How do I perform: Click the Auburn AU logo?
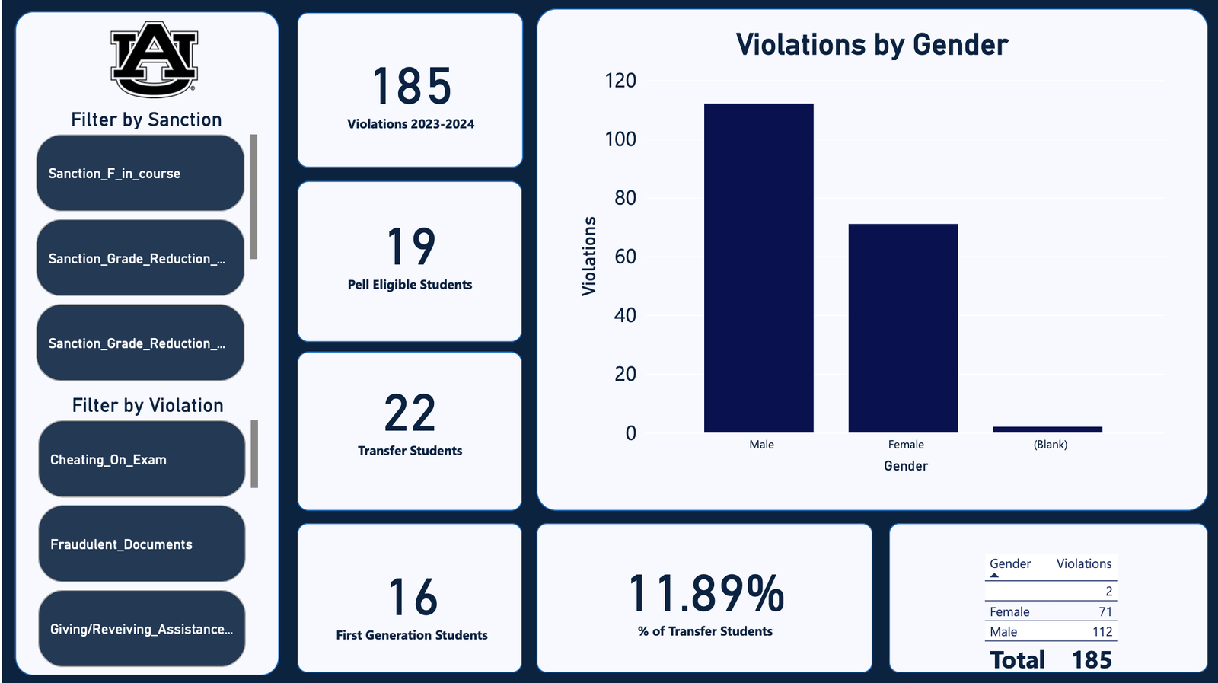[155, 59]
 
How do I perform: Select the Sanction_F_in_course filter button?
[140, 174]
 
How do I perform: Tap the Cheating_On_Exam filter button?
[142, 459]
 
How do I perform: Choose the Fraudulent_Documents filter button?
[142, 544]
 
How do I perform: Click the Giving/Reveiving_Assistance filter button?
[142, 629]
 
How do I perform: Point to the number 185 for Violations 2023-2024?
[412, 86]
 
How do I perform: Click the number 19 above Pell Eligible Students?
[411, 246]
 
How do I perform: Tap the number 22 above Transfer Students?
[410, 413]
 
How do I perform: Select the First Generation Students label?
[412, 635]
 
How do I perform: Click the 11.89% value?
[706, 594]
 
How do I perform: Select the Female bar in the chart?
[903, 328]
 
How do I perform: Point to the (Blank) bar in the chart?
[1047, 429]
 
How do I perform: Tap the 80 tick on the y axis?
[625, 198]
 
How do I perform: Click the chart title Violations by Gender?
[872, 45]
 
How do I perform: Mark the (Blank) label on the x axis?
[1051, 445]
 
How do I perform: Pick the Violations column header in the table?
[1083, 563]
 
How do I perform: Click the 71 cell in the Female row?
[1105, 611]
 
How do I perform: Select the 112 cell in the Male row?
[1102, 631]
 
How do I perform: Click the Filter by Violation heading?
[148, 405]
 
